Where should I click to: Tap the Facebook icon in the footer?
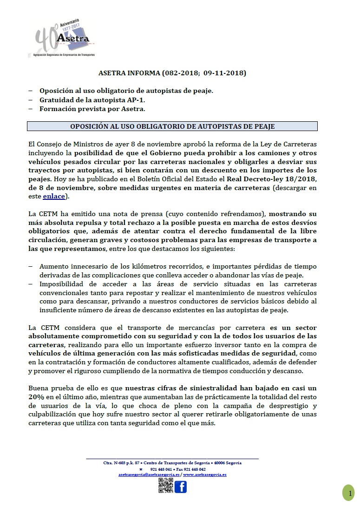coord(180,487)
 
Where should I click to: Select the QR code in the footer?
coord(165,486)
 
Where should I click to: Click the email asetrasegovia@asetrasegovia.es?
coord(149,474)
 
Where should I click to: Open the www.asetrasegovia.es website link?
coord(205,474)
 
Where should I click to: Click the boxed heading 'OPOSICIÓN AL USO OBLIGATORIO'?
coord(172,126)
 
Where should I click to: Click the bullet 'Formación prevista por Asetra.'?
coord(92,109)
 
